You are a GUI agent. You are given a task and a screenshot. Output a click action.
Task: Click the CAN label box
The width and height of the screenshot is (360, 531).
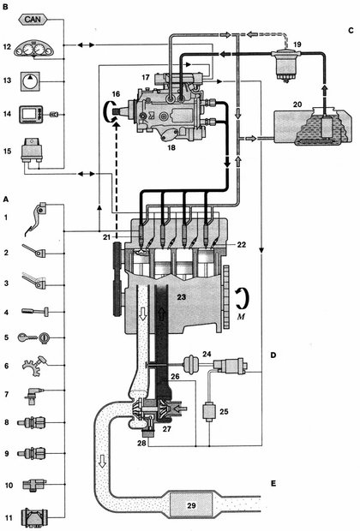click(x=33, y=20)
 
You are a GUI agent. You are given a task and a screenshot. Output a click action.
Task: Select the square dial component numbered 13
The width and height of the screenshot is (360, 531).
click(x=31, y=81)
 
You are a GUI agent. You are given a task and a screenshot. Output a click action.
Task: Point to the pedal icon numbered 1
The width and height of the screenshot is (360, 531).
click(x=35, y=218)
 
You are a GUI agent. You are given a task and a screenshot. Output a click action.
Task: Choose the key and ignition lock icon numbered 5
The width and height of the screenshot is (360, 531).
click(x=33, y=337)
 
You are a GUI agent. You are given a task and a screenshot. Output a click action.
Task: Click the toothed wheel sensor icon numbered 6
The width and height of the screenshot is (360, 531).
click(x=34, y=366)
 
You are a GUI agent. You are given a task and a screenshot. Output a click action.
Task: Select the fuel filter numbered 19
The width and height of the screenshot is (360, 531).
click(x=286, y=63)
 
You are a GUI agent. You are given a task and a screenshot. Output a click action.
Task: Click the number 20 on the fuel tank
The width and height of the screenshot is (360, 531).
click(x=297, y=104)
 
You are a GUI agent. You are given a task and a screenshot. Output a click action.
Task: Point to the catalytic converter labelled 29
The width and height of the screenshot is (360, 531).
click(x=191, y=505)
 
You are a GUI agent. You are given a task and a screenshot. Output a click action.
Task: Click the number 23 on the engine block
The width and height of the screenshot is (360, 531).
click(x=182, y=297)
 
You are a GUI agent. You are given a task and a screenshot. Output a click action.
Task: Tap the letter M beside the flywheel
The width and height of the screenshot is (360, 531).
click(x=241, y=317)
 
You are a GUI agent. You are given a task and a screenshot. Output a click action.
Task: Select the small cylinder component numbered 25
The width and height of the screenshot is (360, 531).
click(x=208, y=411)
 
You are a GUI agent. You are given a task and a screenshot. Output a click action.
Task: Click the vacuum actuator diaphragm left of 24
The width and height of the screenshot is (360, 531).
click(x=190, y=364)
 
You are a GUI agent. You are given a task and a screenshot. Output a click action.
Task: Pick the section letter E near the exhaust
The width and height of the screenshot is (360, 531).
click(x=273, y=483)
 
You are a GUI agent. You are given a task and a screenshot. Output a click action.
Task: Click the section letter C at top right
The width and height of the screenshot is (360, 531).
click(x=351, y=30)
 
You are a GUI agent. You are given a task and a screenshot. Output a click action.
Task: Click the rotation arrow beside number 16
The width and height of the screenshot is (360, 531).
click(x=109, y=111)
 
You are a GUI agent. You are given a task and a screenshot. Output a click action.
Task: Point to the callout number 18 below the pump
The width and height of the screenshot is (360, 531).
click(x=171, y=147)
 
